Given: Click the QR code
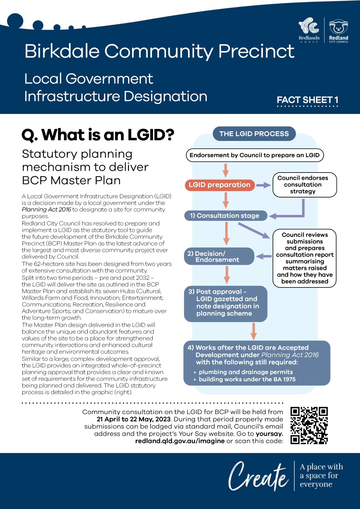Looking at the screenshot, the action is [309, 425].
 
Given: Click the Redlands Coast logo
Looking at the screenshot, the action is [309, 30].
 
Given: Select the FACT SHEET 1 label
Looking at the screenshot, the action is [307, 100].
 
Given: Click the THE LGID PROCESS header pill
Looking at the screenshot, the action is [254, 134].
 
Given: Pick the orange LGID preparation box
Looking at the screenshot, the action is [220, 185].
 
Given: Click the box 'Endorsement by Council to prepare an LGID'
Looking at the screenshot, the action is [255, 155].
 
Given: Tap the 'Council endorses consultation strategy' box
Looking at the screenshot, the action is [305, 185].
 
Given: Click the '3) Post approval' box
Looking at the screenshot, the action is [226, 304].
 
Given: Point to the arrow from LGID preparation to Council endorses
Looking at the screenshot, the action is [263, 185].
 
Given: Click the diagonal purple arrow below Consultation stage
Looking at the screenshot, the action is [254, 231].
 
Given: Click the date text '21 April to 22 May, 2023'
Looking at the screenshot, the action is [133, 419].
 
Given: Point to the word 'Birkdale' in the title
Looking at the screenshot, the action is [62, 51].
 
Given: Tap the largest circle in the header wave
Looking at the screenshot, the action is [15, 21].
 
